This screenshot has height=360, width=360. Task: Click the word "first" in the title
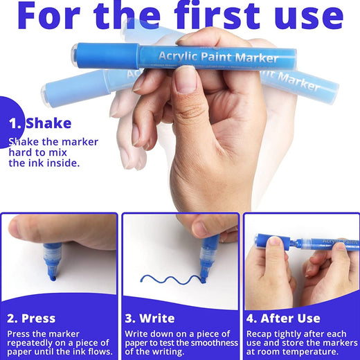217,15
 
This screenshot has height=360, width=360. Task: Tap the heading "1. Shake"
40,123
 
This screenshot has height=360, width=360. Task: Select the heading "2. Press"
31,318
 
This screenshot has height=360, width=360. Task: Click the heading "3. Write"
150,318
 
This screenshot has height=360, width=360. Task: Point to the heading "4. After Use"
283,318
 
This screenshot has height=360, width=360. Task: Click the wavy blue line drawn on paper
172,279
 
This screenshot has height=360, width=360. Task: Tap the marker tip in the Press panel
53,278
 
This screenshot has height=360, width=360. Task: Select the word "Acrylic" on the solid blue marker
178,56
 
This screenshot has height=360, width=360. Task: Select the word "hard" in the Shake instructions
19,152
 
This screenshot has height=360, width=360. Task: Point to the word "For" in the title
48,15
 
